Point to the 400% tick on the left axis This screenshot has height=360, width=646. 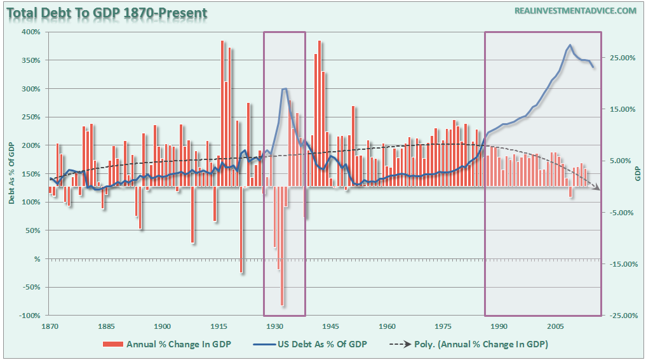click(32, 32)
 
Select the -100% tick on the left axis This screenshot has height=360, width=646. click(30, 316)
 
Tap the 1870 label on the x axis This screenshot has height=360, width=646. click(50, 326)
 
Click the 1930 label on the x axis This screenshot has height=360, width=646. click(275, 326)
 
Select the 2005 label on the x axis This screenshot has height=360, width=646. click(556, 326)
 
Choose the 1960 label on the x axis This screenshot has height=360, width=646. click(387, 326)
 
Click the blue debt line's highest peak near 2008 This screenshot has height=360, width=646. click(570, 45)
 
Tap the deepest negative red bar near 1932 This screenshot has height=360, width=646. click(282, 305)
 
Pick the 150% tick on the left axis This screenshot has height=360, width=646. click(32, 174)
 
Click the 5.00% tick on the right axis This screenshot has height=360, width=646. click(622, 161)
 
